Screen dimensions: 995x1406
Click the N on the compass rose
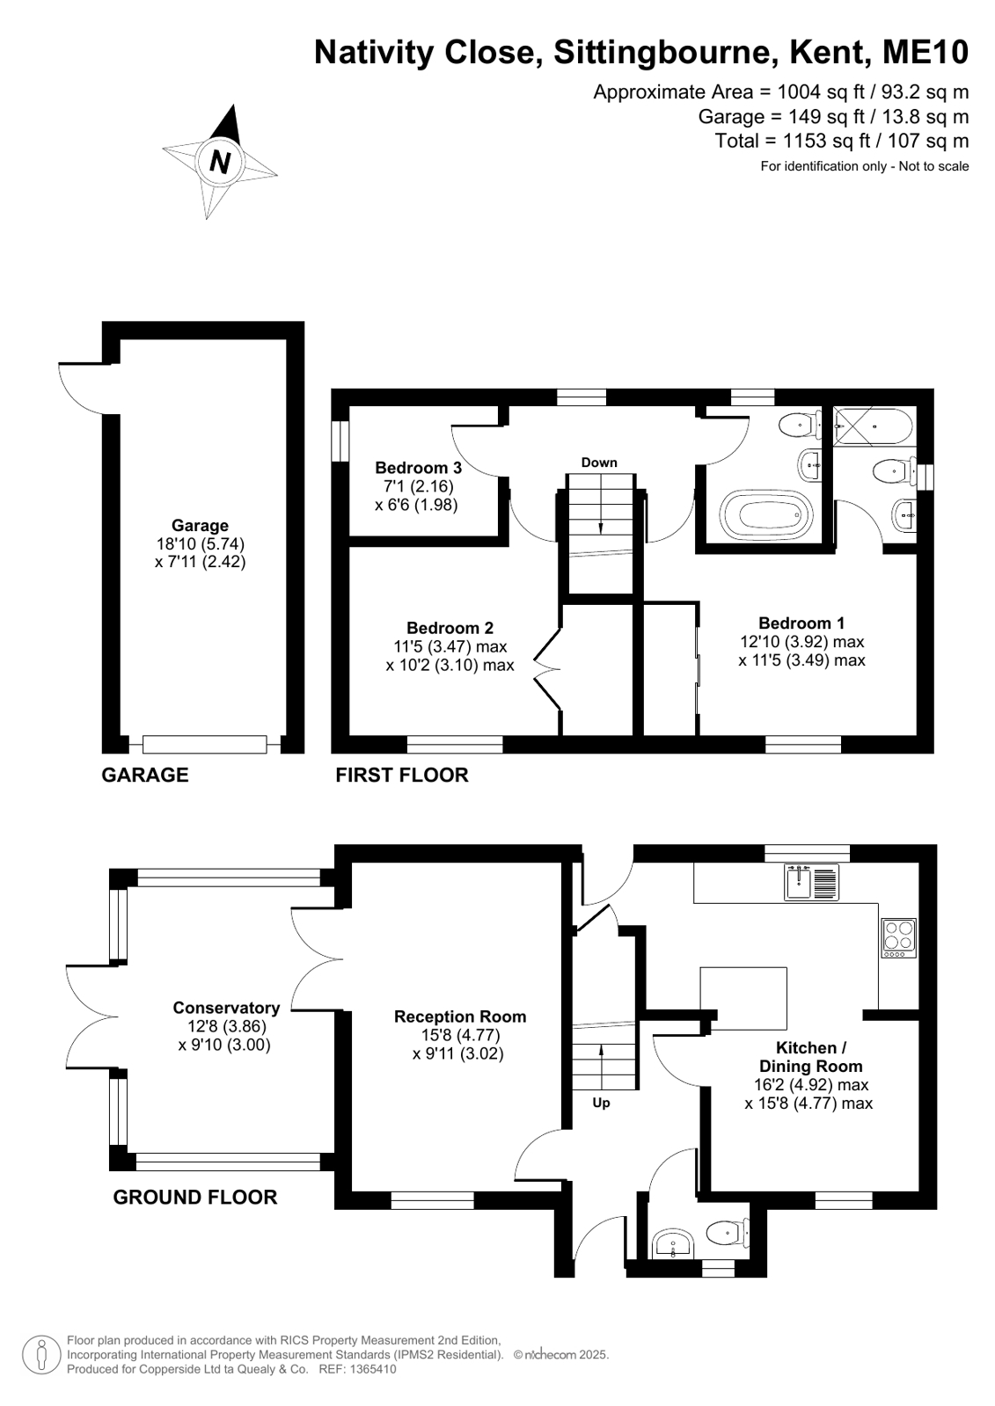219,162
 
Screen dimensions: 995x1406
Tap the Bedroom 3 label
419,468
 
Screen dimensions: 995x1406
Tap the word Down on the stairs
598,463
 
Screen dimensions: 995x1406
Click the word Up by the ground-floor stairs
601,1103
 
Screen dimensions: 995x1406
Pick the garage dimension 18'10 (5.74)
201,543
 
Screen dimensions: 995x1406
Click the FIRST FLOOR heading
402,776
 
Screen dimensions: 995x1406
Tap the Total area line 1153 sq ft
842,141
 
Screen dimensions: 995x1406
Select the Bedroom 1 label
801,623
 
